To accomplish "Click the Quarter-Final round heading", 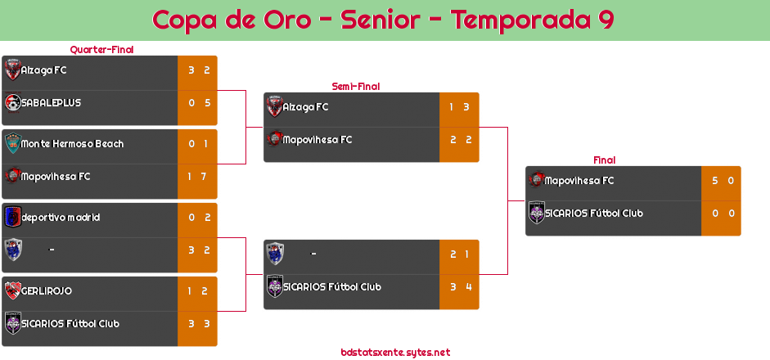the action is point(101,49).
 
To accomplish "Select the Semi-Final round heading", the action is point(356,87).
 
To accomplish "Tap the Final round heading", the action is point(605,160).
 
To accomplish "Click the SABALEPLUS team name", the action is point(51,103).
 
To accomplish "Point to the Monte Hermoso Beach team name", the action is point(72,144).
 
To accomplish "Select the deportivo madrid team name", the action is point(61,218).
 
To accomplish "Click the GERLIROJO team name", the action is point(47,291).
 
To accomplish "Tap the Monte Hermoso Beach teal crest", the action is point(13,143).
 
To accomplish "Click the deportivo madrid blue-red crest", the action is point(13,217).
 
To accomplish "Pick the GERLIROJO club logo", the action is point(13,290).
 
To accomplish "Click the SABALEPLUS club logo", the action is point(13,103).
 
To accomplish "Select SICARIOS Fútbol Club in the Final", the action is point(594,214).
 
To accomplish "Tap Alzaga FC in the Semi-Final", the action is point(305,107).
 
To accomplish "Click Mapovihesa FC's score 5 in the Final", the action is point(715,181).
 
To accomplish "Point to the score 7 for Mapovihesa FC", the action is point(203,176).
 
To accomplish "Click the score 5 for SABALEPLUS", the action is point(207,103).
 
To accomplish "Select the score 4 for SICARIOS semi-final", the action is point(469,287).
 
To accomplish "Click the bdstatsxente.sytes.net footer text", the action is point(395,352).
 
